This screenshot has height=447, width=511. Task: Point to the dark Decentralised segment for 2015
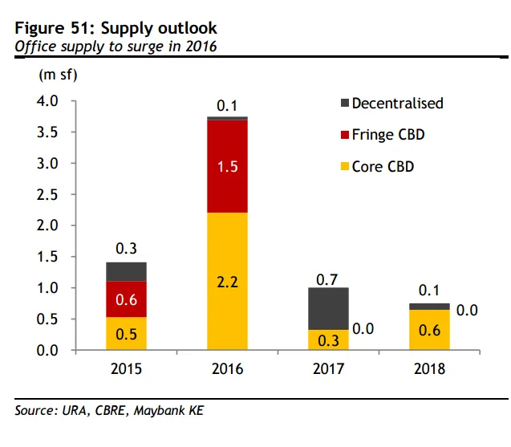(x=126, y=271)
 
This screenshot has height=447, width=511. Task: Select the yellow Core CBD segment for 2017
(x=328, y=339)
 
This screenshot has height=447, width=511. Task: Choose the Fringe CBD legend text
(x=388, y=135)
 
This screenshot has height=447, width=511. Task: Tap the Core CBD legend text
(x=383, y=166)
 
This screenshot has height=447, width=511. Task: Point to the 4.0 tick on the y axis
(x=49, y=102)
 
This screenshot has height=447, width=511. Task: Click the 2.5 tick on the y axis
(x=49, y=195)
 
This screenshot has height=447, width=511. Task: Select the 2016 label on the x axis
(x=227, y=370)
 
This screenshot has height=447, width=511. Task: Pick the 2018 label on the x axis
(x=429, y=370)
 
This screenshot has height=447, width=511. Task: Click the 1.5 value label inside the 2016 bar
(x=227, y=168)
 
